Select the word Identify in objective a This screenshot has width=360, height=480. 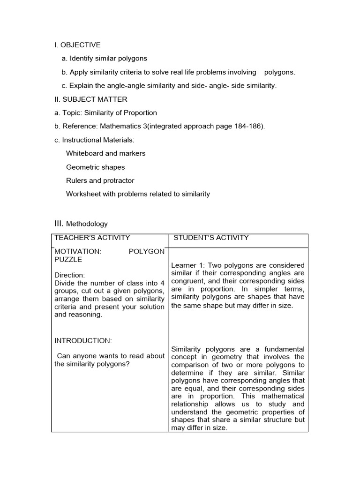pyautogui.click(x=82, y=59)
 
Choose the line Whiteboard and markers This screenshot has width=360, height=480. pyautogui.click(x=105, y=153)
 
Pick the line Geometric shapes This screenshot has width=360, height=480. pyautogui.click(x=95, y=167)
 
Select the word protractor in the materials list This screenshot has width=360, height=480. pyautogui.click(x=119, y=180)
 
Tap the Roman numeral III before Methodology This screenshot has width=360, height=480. pyautogui.click(x=59, y=223)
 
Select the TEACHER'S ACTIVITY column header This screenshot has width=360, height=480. pyautogui.click(x=92, y=238)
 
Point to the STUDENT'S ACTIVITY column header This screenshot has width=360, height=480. pyautogui.click(x=211, y=238)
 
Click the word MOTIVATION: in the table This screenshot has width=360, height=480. pyautogui.click(x=77, y=251)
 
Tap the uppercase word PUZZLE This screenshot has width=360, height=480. pyautogui.click(x=68, y=259)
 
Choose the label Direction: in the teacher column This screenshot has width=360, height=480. pyautogui.click(x=69, y=275)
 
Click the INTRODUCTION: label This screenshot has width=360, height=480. pyautogui.click(x=83, y=340)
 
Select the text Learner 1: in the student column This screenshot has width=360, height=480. pyautogui.click(x=187, y=265)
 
